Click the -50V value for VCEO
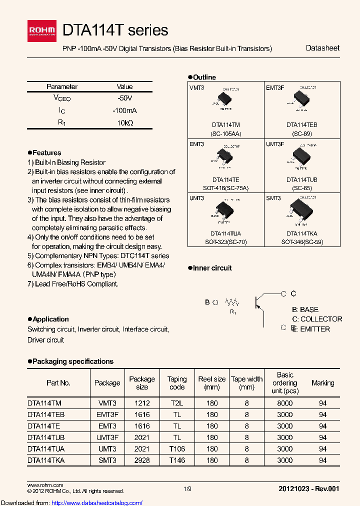(124, 98)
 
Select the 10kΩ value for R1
(124, 122)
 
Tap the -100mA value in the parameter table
(124, 110)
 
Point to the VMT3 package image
(225, 99)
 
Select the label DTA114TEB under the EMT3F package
(301, 124)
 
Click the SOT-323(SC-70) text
(225, 241)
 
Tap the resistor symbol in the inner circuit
(232, 302)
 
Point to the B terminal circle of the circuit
(215, 302)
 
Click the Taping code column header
(177, 383)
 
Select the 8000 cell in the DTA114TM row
(285, 402)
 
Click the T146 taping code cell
(177, 460)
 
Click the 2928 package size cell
(142, 460)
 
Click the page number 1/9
(187, 488)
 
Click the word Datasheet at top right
(322, 48)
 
